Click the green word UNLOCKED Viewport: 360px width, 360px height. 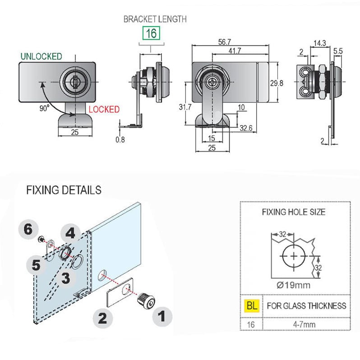pos(41,56)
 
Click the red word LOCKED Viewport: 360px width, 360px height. pos(104,110)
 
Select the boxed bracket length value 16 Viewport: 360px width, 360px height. pos(151,33)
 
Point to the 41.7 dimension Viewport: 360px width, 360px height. pos(235,51)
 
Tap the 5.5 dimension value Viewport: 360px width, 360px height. pos(338,51)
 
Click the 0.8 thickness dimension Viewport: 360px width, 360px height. pos(120,139)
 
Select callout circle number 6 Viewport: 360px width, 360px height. pos(29,229)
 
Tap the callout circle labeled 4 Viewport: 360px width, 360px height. pos(70,233)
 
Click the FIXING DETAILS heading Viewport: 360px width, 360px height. pos(64,190)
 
